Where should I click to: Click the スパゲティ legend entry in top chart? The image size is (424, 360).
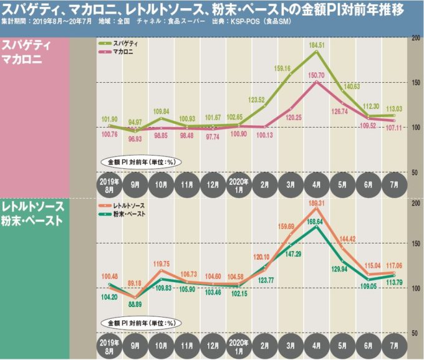click(119, 45)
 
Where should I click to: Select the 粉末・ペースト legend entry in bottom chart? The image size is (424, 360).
click(123, 214)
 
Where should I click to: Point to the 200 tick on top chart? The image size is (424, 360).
click(415, 39)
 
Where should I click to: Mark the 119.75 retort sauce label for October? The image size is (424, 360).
click(161, 264)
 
